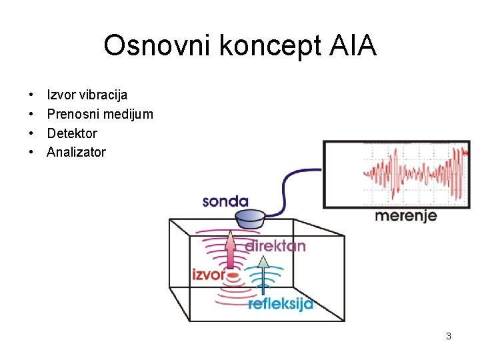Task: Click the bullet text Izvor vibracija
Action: (x=87, y=95)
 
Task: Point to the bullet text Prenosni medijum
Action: (x=100, y=114)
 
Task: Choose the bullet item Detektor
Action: (x=72, y=133)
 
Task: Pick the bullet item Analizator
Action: (x=76, y=152)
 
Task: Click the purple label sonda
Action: (x=225, y=201)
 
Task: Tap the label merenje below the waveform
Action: (x=405, y=215)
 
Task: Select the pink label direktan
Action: (x=275, y=246)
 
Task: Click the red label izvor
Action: (x=208, y=273)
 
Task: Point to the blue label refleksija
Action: (x=280, y=305)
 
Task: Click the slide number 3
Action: (x=449, y=336)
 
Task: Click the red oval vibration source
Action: (x=232, y=274)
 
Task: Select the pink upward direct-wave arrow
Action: (x=231, y=250)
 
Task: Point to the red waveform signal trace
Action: (x=413, y=172)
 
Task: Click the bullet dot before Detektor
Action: (x=31, y=133)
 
